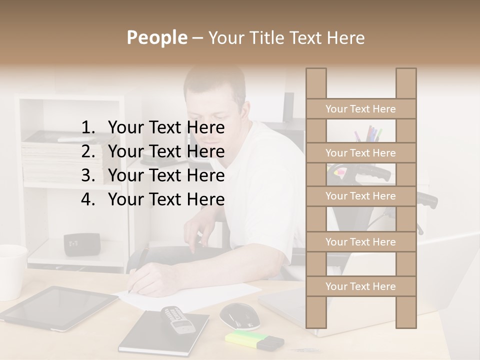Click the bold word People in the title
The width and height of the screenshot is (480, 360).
click(156, 37)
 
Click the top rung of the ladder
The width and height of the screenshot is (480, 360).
click(360, 109)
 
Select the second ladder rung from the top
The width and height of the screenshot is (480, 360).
click(360, 153)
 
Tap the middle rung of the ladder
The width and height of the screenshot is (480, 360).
click(360, 196)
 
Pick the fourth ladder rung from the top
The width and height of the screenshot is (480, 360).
click(360, 242)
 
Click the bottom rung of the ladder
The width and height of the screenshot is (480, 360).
click(360, 286)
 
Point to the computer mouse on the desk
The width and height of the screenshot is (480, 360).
click(239, 314)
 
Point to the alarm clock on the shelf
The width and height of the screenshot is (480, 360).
click(81, 243)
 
